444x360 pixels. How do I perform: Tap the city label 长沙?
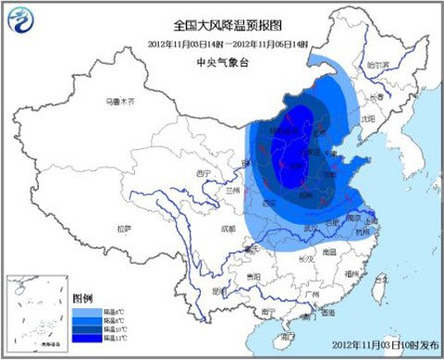click(298, 245)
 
